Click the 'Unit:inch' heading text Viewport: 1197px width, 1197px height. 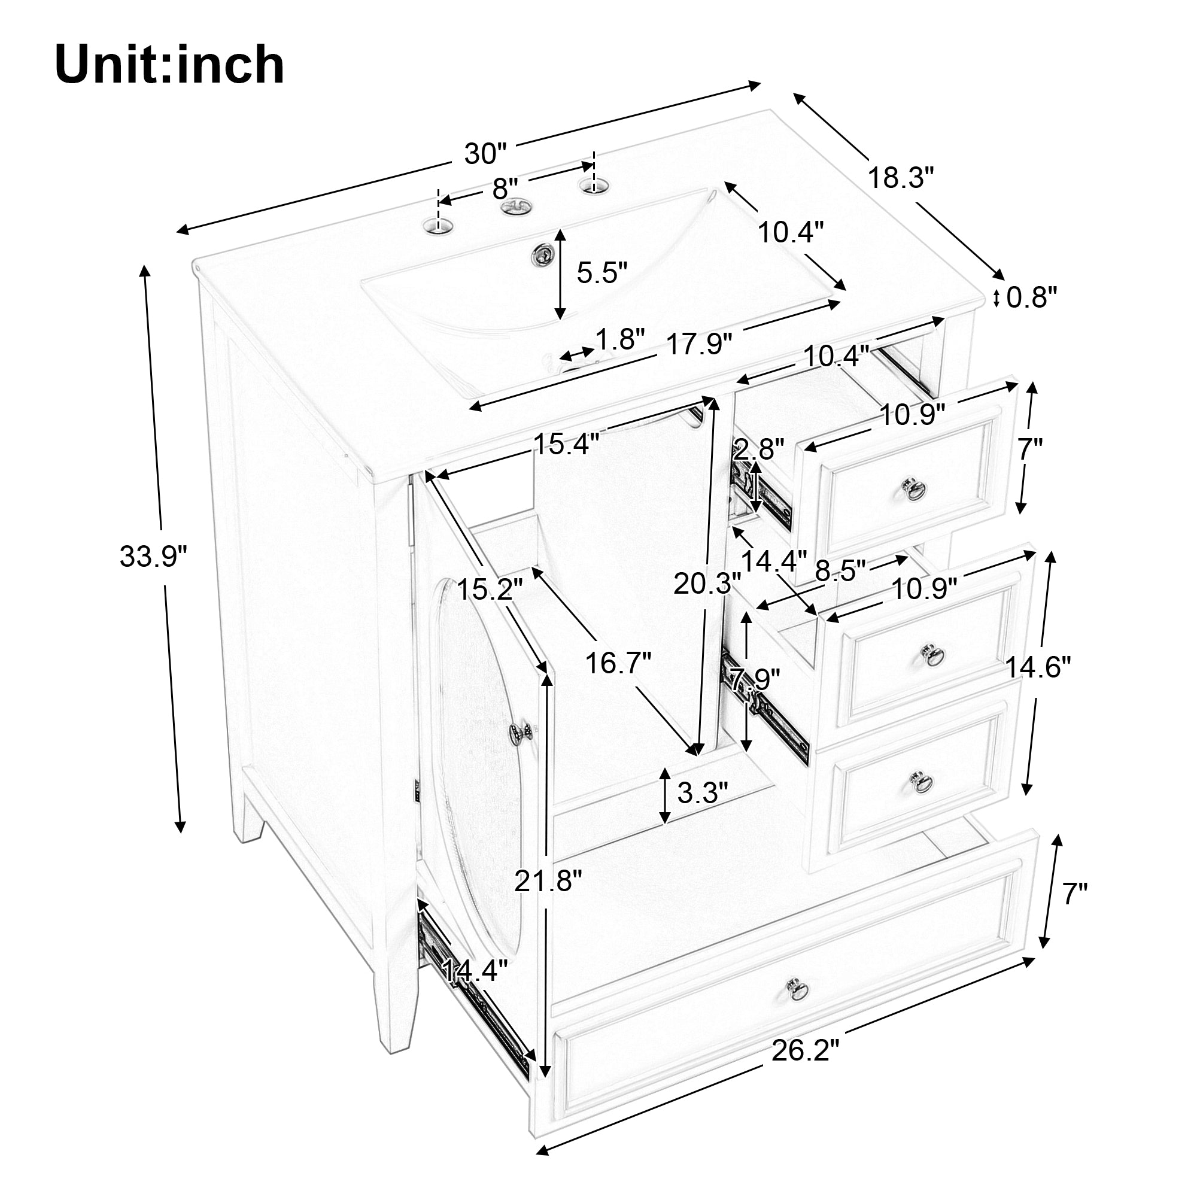point(170,66)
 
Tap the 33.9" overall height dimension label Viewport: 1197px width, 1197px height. point(153,557)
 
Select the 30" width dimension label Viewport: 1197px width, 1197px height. point(485,154)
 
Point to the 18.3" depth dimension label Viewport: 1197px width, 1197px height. point(901,178)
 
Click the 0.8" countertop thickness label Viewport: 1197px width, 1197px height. point(1031,297)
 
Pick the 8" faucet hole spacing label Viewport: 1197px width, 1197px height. point(505,188)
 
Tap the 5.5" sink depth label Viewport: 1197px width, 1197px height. point(602,272)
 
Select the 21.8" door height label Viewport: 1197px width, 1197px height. point(548,880)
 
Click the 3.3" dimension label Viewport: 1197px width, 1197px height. point(702,792)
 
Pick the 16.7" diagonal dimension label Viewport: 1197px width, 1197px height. point(618,663)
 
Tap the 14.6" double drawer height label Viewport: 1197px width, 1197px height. point(1038,668)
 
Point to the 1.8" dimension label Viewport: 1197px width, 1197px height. point(620,339)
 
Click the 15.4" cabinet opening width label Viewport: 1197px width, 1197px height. point(566,443)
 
